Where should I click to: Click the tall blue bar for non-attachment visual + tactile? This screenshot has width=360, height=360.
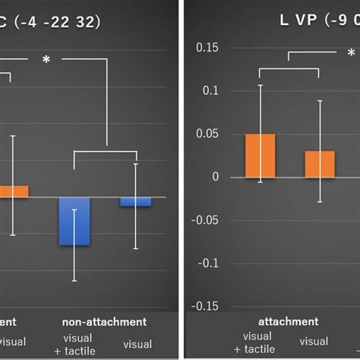point(74,221)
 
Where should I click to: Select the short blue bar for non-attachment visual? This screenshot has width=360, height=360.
point(135,201)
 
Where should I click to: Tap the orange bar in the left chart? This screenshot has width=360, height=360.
point(14,191)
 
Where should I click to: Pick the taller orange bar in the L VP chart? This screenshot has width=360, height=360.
point(260,156)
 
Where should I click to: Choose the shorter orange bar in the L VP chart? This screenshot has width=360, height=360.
point(319,164)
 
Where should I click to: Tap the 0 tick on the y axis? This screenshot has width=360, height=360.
point(215,178)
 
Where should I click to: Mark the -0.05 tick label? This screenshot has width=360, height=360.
point(204,220)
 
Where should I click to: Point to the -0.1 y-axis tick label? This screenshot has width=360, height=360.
point(206,264)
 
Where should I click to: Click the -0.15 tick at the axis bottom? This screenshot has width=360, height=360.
point(204,307)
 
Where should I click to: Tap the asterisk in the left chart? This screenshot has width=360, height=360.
point(46,58)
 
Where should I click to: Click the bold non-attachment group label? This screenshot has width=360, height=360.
point(105,322)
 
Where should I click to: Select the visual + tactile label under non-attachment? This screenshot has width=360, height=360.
point(77,343)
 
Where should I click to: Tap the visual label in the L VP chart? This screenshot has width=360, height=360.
point(314,342)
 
